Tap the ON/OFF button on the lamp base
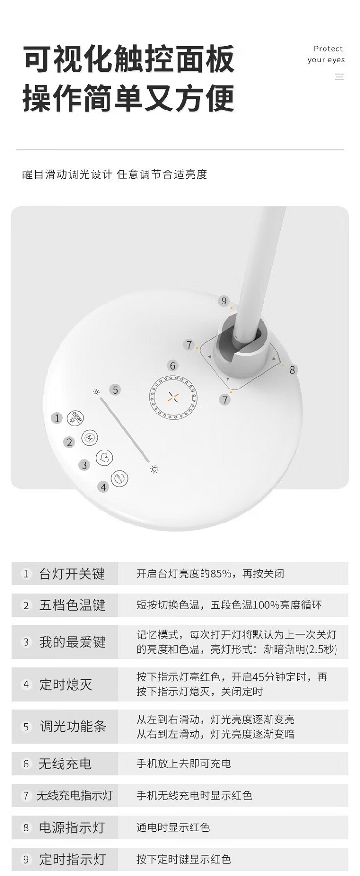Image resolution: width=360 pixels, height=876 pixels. click(x=75, y=417)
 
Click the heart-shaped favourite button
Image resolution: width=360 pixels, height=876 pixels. click(x=105, y=457)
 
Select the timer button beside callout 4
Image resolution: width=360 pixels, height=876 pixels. click(x=120, y=478)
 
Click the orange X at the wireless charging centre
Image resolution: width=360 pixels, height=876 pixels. click(x=173, y=397)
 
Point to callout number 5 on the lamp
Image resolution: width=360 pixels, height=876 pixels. click(x=115, y=389)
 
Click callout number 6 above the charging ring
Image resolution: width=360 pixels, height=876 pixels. click(x=173, y=366)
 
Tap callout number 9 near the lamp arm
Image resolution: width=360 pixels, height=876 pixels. click(x=224, y=301)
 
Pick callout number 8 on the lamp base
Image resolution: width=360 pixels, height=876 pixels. click(x=292, y=370)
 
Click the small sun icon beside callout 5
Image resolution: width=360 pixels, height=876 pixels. click(x=96, y=392)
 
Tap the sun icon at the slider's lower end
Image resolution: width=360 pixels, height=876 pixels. click(x=154, y=469)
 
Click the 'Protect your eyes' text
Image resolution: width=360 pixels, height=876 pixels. click(x=326, y=54)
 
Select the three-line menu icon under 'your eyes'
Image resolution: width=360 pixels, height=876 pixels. click(x=339, y=77)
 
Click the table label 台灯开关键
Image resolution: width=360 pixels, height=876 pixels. click(x=72, y=574)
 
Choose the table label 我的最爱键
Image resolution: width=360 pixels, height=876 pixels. click(x=72, y=642)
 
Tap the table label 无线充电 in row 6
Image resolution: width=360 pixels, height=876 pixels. click(x=65, y=764)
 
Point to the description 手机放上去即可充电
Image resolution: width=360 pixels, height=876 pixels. click(x=184, y=764)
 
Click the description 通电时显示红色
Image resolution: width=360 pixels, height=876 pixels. click(x=173, y=827)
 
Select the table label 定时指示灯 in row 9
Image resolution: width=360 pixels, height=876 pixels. click(x=72, y=859)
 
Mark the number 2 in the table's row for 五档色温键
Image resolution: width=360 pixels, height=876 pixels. click(x=26, y=606)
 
